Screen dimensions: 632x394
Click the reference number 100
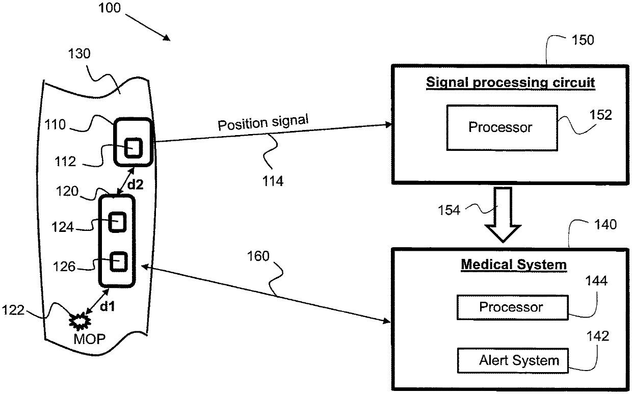pyautogui.click(x=110, y=8)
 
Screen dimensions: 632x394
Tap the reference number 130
pyautogui.click(x=80, y=54)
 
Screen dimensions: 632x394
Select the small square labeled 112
pyautogui.click(x=134, y=147)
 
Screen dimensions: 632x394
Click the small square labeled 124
pyautogui.click(x=117, y=222)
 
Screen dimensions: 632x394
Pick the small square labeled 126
pyautogui.click(x=118, y=262)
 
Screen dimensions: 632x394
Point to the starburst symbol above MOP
pyautogui.click(x=80, y=321)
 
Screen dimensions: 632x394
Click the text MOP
pyautogui.click(x=89, y=339)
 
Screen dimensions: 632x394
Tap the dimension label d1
pyautogui.click(x=108, y=306)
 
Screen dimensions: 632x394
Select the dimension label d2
pyautogui.click(x=136, y=185)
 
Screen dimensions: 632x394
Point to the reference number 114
pyautogui.click(x=273, y=181)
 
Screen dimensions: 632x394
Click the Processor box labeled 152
pyautogui.click(x=502, y=127)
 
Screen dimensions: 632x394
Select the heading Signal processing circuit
pyautogui.click(x=510, y=83)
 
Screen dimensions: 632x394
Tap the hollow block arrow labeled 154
pyautogui.click(x=503, y=215)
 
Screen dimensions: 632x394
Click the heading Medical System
pyautogui.click(x=514, y=265)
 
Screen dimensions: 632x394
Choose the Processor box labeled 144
pyautogui.click(x=512, y=307)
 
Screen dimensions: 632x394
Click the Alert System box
pyautogui.click(x=513, y=360)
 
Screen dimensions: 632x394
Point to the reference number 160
pyautogui.click(x=258, y=256)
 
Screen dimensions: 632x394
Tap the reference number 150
pyautogui.click(x=583, y=40)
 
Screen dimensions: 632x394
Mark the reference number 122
pyautogui.click(x=13, y=310)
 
